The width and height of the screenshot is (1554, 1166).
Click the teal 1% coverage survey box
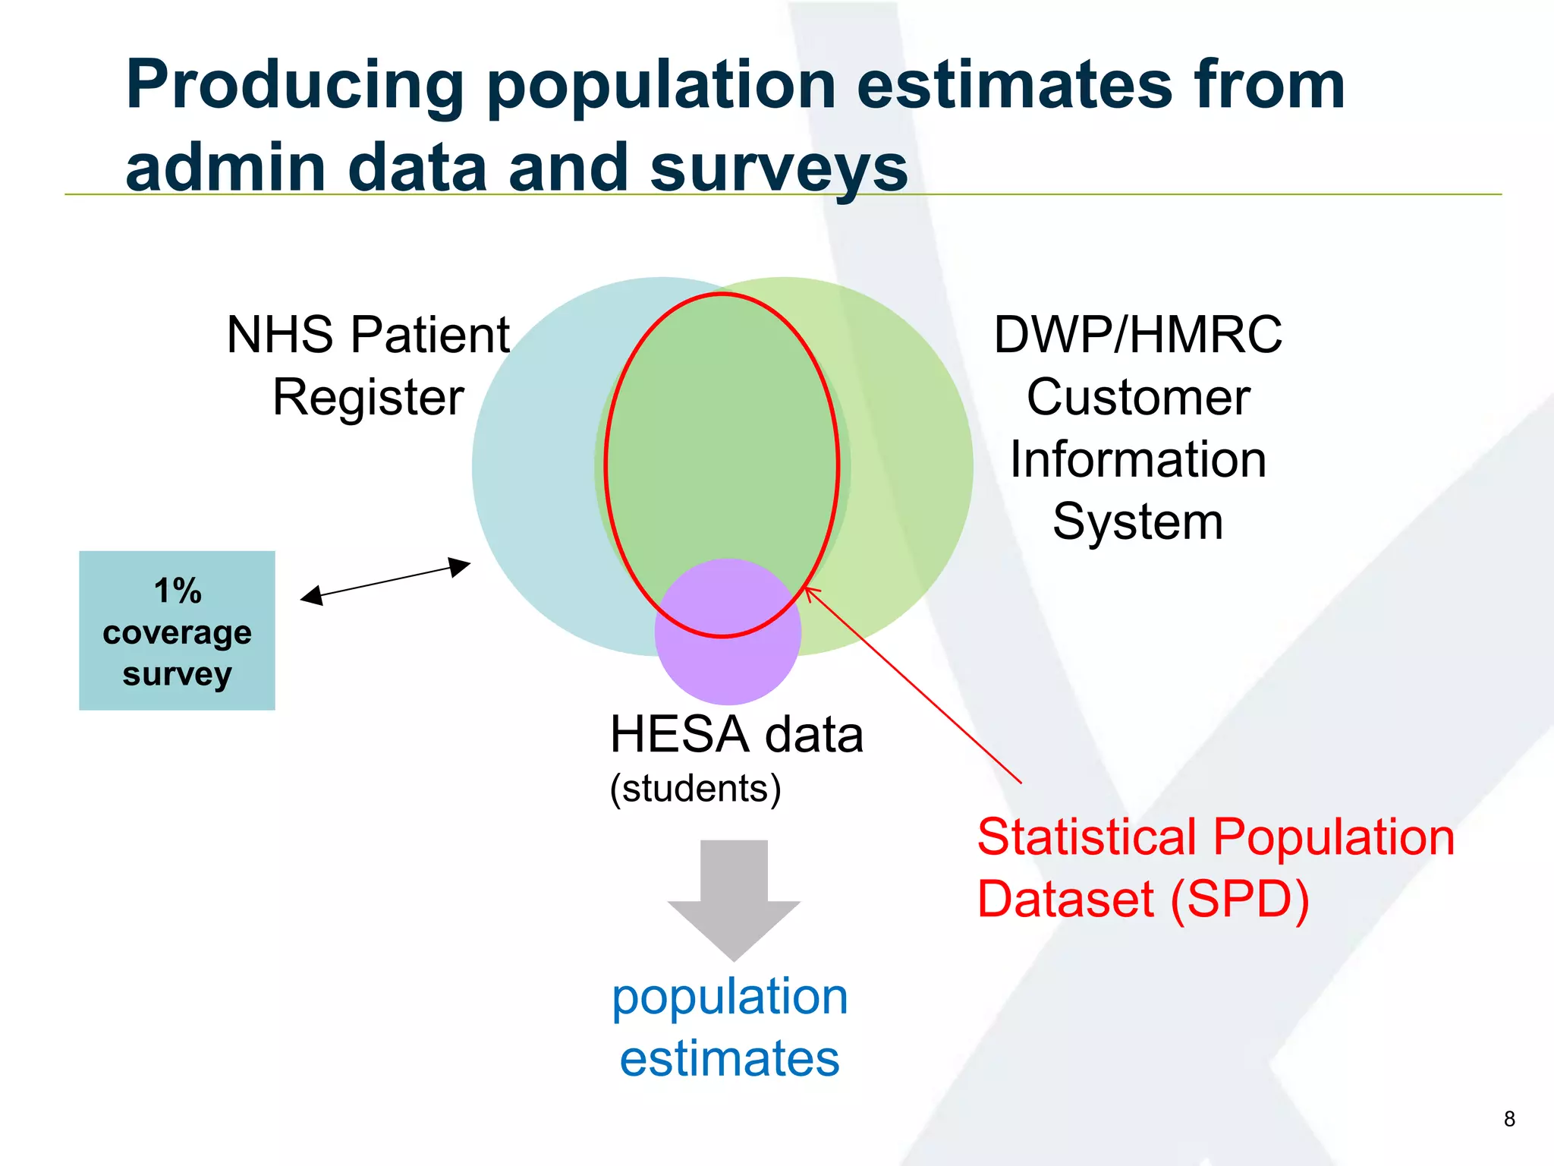[177, 630]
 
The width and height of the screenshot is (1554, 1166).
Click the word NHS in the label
[280, 335]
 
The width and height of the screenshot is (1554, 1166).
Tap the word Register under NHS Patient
[368, 397]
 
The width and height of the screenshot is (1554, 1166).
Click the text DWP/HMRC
[1137, 335]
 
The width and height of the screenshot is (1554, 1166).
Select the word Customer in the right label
[1137, 397]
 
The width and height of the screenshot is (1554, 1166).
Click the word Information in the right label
[1137, 459]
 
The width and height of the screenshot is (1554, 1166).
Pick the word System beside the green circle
[1137, 522]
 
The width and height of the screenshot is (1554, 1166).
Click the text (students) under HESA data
[695, 789]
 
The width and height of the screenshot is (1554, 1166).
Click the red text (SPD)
[1240, 900]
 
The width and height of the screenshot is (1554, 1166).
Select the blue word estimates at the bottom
[729, 1059]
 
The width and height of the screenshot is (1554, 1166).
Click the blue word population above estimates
[729, 997]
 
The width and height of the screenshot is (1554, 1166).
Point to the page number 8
[1508, 1119]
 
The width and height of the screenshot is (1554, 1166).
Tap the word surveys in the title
[779, 169]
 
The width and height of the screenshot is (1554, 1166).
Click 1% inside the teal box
[178, 591]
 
